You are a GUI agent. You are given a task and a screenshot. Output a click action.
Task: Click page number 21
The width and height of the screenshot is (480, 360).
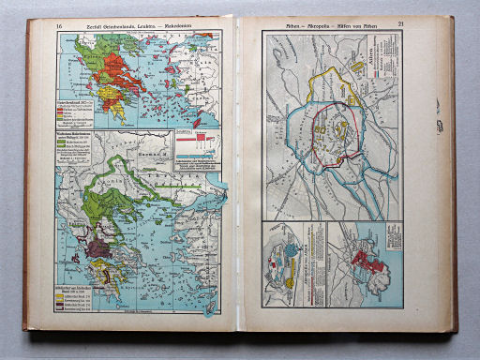(400, 23)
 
